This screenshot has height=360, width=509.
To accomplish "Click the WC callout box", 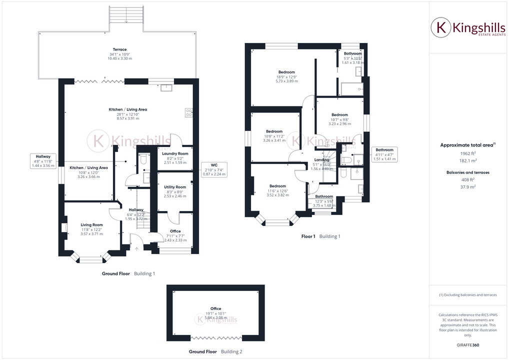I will [214, 169].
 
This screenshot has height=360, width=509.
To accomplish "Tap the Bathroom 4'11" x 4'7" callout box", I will [384, 154].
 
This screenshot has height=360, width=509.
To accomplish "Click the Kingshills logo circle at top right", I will [441, 27].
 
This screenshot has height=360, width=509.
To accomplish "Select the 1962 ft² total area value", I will [468, 154].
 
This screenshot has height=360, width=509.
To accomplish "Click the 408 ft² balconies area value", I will [468, 179].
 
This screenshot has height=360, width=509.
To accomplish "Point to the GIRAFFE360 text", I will [468, 345].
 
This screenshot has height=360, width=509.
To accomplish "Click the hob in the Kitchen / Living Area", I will [189, 113].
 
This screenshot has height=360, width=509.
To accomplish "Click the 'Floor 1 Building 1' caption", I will [320, 236].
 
